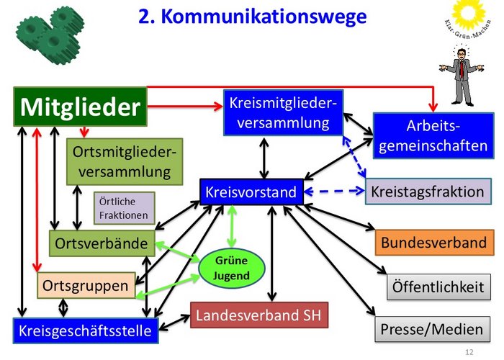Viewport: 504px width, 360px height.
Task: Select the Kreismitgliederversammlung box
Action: click(283, 112)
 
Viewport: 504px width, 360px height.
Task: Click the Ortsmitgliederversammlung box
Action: click(125, 162)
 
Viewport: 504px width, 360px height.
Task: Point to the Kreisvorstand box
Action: click(251, 192)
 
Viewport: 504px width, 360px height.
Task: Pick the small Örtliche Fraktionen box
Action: click(124, 208)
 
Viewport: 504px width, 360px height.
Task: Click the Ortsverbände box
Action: click(102, 243)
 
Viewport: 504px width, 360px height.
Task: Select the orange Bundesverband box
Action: click(434, 242)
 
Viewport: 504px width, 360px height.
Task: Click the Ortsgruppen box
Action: click(86, 285)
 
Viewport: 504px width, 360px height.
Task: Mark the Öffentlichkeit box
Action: click(436, 286)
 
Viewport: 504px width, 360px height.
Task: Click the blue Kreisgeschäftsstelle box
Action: click(85, 330)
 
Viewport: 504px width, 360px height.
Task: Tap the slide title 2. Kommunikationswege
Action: click(252, 16)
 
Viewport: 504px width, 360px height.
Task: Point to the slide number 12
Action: click(469, 352)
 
